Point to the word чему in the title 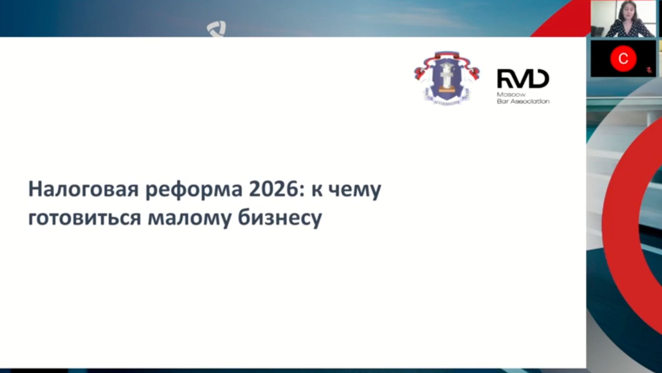(354, 190)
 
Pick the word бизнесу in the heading (280, 218)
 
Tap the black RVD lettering (523, 79)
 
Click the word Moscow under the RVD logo (511, 95)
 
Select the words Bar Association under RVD (523, 101)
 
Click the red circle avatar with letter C (623, 58)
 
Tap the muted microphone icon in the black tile (649, 70)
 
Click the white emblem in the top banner (217, 29)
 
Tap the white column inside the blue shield (447, 78)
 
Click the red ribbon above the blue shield (447, 55)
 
